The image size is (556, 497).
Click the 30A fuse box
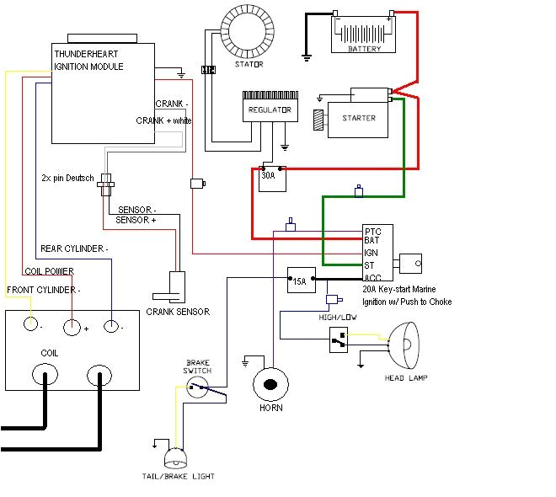coord(271,179)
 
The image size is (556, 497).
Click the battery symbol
coord(364,34)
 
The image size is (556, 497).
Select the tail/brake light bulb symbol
coord(177,457)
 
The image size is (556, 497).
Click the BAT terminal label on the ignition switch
coord(372,240)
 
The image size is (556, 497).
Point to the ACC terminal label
coord(373,277)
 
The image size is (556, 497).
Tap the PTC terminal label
coord(373,230)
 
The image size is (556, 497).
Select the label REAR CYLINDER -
coord(74,248)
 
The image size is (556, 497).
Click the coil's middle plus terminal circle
coord(73,326)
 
